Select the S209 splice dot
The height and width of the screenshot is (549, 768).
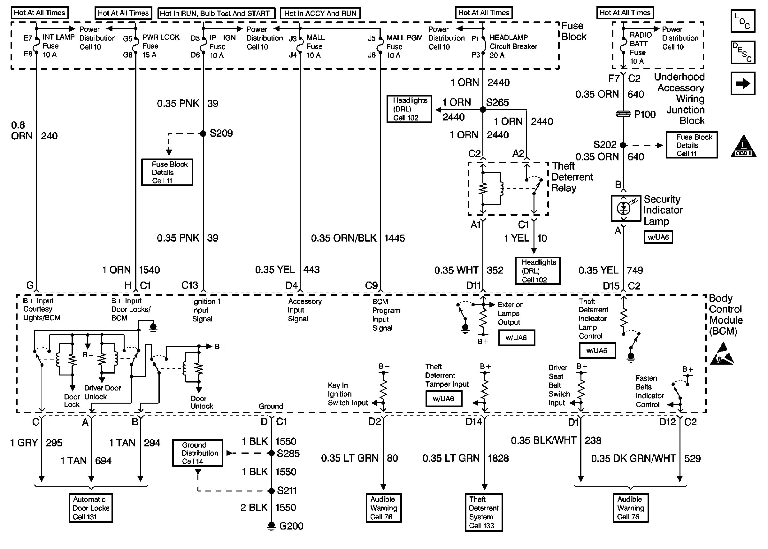[203, 134]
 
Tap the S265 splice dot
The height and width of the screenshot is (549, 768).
[483, 110]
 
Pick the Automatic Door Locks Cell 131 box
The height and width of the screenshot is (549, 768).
[90, 508]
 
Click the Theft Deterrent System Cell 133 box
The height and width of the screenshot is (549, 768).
[483, 512]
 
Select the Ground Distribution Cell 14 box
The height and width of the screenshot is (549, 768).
[198, 453]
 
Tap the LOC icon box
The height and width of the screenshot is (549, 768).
[743, 21]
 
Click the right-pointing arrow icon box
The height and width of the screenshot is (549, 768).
[743, 83]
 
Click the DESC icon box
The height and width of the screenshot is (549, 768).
[743, 52]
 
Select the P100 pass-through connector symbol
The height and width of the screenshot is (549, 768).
[623, 114]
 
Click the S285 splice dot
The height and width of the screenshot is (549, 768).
[271, 453]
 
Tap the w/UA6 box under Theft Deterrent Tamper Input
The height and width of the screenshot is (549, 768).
[444, 398]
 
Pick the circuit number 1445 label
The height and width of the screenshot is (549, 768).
[394, 238]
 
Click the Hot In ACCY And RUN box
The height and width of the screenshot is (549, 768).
[320, 13]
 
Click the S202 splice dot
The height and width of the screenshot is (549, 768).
[623, 145]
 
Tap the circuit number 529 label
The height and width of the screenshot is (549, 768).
[692, 458]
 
